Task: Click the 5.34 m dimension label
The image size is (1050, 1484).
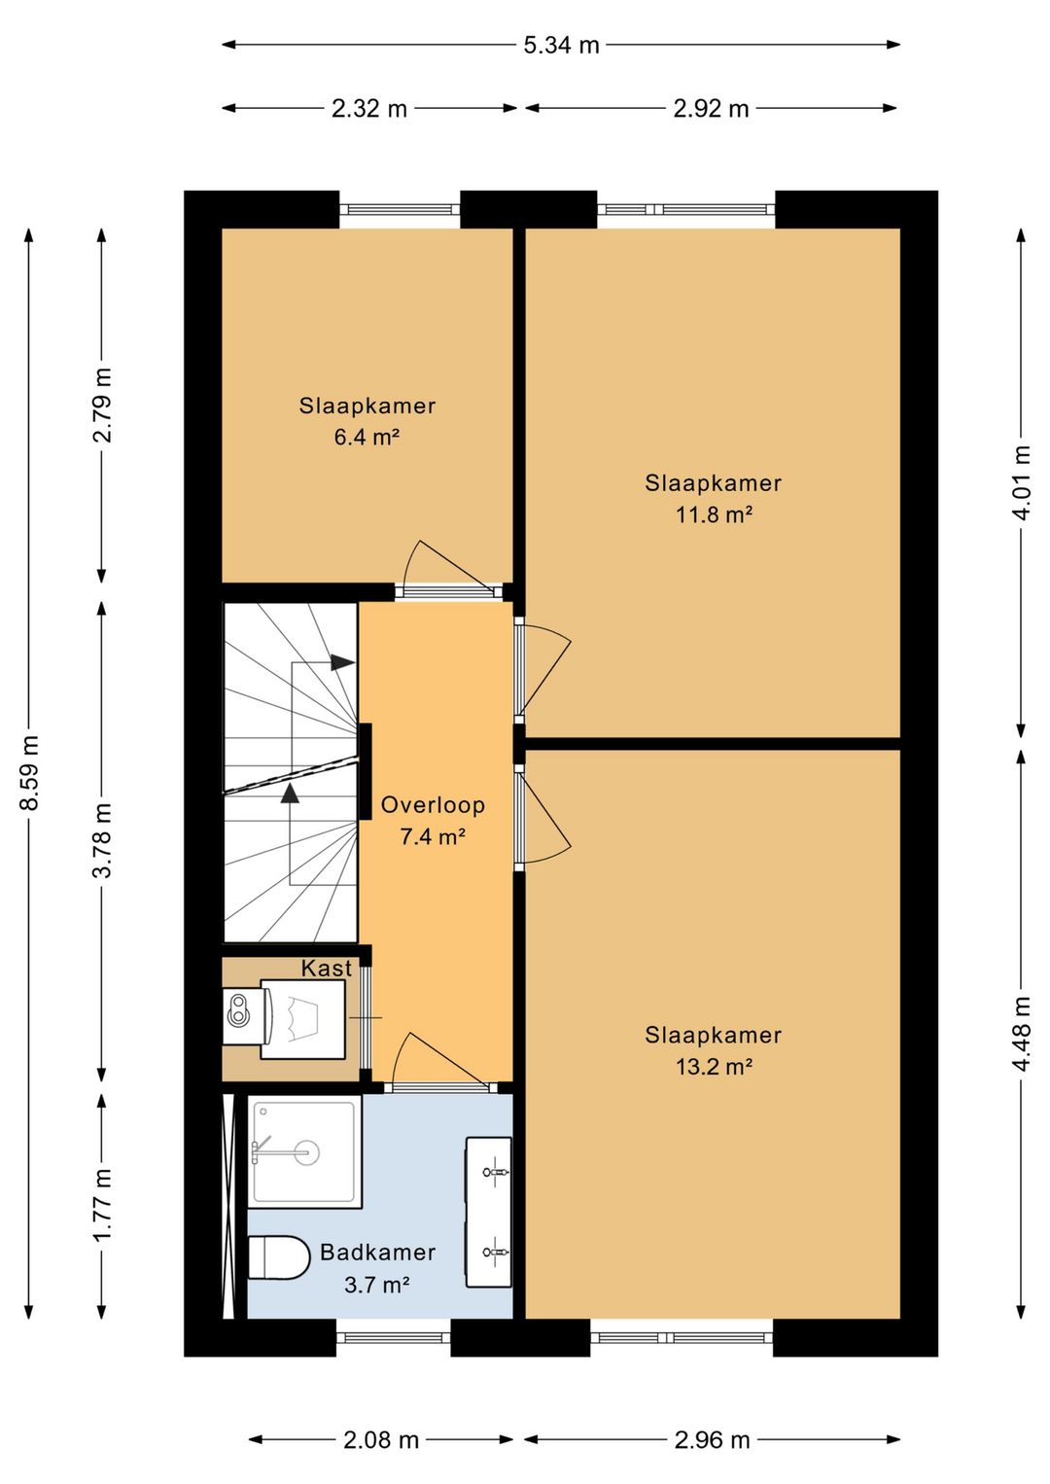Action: pos(561,45)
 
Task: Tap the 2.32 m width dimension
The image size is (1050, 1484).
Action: pos(369,108)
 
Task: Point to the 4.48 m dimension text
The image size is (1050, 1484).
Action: pos(1021,1034)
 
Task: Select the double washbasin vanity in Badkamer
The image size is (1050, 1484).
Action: pos(488,1213)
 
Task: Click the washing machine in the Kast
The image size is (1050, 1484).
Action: pos(302,1019)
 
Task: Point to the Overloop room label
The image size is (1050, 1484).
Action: pos(433,805)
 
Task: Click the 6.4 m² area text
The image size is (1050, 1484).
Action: pos(367,438)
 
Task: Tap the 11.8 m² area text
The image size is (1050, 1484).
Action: pos(714,514)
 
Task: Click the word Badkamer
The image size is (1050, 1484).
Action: pos(377,1253)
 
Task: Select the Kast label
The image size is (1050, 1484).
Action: pos(327,969)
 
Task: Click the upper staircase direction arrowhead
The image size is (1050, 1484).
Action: pos(342,662)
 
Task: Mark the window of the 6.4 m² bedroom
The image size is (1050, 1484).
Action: pos(401,209)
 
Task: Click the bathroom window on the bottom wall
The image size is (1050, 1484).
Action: pos(394,1339)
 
